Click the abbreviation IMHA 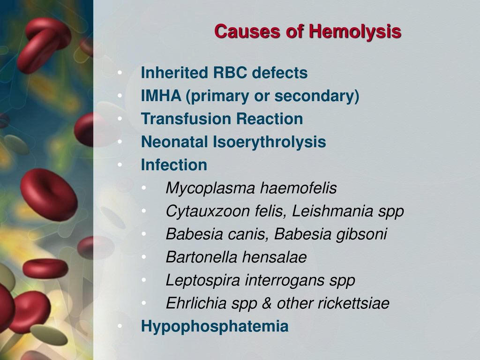(x=161, y=96)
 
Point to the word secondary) (x=317, y=97)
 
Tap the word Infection (x=174, y=165)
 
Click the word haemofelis (x=299, y=187)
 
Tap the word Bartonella (x=201, y=256)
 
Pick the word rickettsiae (x=353, y=303)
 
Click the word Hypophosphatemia (x=215, y=327)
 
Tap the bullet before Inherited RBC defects (x=120, y=73)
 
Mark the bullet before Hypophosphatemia (x=120, y=326)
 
